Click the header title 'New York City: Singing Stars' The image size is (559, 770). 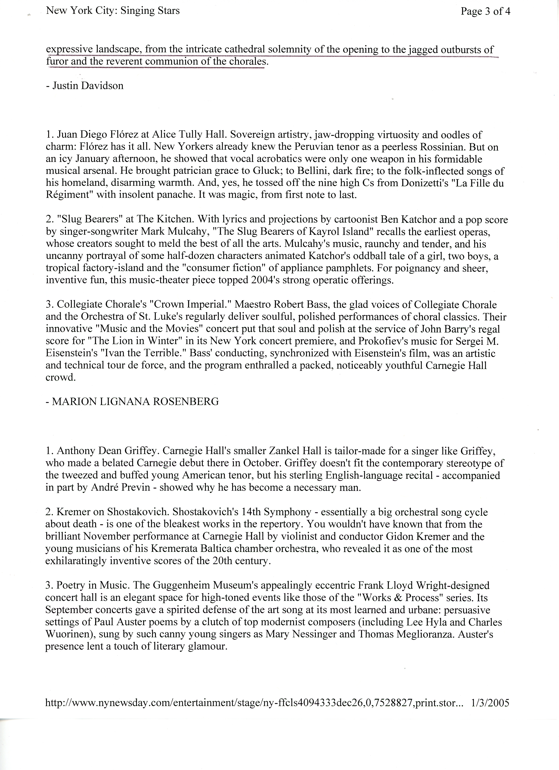[113, 11]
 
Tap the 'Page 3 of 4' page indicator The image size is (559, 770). [485, 12]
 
